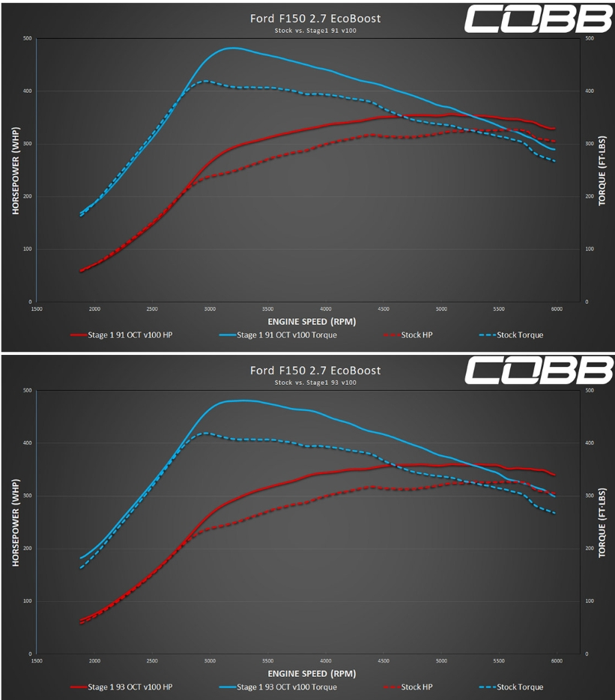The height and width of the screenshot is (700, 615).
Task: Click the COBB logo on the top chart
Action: [x=538, y=20]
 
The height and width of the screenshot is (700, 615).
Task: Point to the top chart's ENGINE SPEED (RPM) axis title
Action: [x=309, y=320]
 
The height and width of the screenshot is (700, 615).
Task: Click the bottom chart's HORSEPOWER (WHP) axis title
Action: [x=15, y=522]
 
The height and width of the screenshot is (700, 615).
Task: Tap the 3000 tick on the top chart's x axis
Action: [x=210, y=308]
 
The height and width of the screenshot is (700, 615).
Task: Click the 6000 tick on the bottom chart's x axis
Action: [x=557, y=660]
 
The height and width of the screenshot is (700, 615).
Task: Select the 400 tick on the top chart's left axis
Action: [x=27, y=91]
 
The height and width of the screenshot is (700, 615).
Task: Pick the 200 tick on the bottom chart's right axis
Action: [x=589, y=548]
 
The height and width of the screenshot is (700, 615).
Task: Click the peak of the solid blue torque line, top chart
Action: [x=233, y=48]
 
